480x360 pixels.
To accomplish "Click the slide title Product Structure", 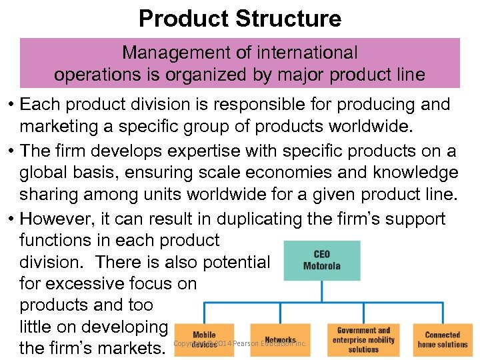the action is pos(239,18).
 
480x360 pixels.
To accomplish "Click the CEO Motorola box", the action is pos(321,261).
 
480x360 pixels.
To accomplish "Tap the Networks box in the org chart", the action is pos(280,340).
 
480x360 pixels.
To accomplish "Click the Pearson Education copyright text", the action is pos(240,343).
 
